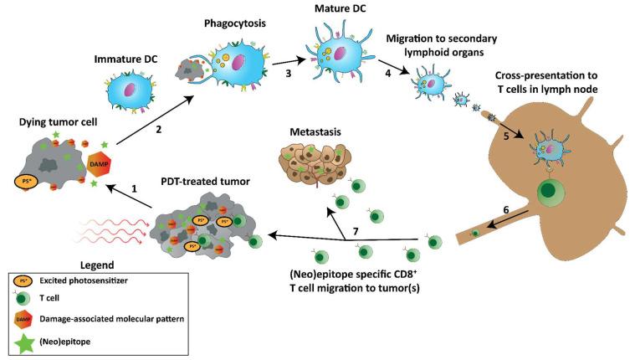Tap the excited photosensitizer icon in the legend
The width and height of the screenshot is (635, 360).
(x=26, y=283)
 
